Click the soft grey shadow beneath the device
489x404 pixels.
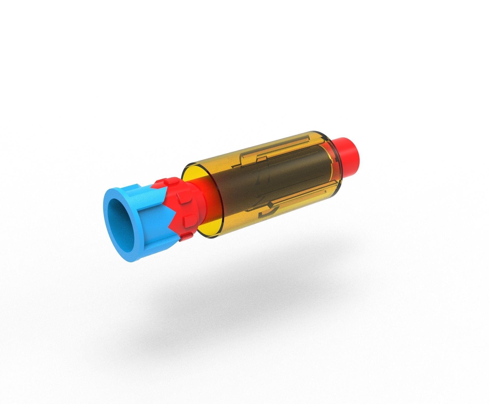click(x=255, y=305)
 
